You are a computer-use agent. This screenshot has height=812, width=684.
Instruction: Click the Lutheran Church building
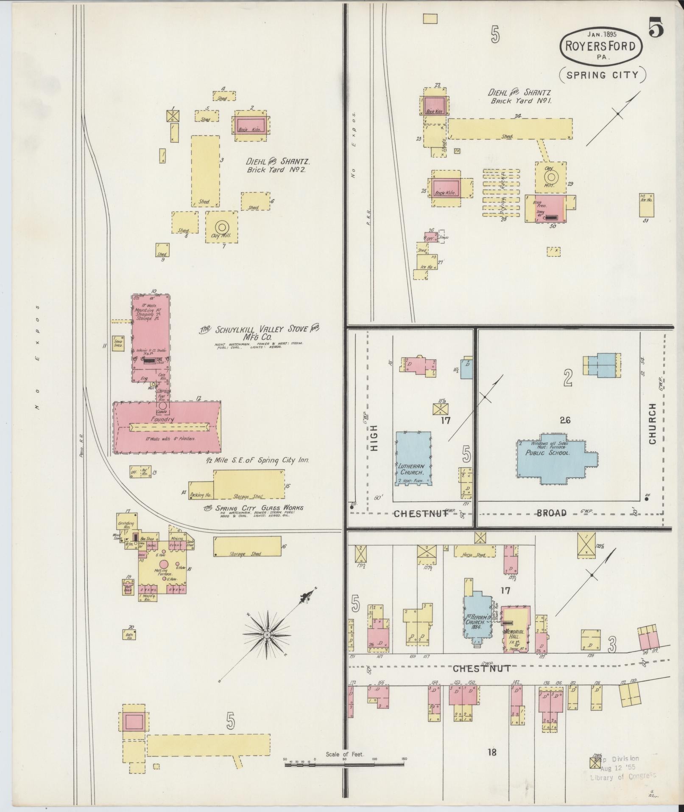(413, 458)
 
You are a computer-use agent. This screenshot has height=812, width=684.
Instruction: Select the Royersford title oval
(601, 46)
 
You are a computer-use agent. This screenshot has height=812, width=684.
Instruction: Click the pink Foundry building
(167, 427)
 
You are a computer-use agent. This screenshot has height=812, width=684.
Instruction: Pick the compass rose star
(267, 635)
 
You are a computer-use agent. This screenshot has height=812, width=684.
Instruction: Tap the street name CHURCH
(652, 423)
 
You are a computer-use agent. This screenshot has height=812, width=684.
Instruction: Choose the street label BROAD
(551, 513)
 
